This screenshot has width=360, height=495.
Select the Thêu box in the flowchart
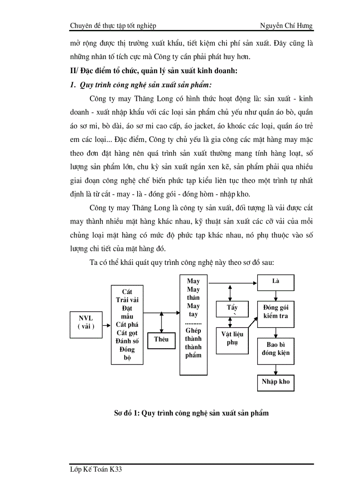(161, 339)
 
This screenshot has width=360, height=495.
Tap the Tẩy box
(232, 309)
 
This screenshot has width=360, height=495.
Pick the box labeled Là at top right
(276, 282)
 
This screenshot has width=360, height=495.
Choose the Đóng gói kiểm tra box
(276, 312)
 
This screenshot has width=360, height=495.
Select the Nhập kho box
(276, 382)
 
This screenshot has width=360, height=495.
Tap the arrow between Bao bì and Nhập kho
(276, 369)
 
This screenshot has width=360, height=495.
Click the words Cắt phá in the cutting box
(127, 325)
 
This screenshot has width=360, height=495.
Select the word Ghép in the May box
(193, 331)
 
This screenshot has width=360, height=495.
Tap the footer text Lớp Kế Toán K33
(96, 470)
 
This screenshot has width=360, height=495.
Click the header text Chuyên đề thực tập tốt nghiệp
(113, 26)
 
